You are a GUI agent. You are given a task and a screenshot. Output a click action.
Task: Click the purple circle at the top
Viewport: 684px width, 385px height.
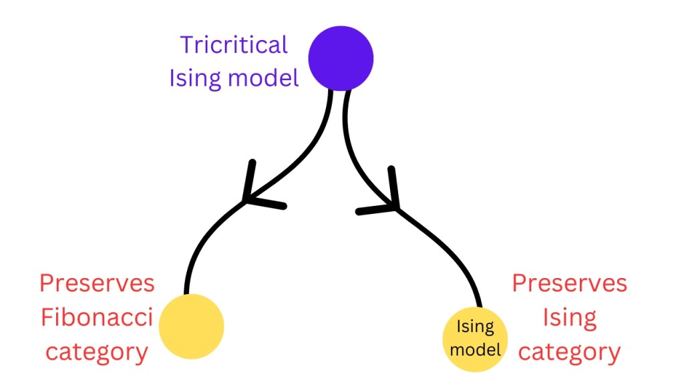pos(341,58)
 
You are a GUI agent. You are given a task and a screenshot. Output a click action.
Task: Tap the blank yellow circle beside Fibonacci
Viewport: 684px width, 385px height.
pos(191,326)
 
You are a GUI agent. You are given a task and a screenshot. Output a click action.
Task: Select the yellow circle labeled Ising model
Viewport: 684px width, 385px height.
pos(476,340)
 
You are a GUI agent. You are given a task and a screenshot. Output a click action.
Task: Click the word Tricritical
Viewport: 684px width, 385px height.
pos(234,45)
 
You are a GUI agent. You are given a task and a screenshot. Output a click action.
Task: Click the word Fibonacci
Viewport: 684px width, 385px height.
pos(97,317)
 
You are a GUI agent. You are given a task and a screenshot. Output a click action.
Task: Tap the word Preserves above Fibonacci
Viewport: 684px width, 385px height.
pos(97,283)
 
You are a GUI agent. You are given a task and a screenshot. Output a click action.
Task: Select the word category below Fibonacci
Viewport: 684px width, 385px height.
pos(97,352)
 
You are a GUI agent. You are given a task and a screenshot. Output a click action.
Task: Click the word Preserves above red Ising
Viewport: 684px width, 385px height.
pos(570,283)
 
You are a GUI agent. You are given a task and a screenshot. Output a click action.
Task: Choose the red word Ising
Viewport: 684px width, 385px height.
pos(569,317)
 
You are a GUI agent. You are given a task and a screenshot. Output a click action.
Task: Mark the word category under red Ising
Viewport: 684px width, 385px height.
pos(569,352)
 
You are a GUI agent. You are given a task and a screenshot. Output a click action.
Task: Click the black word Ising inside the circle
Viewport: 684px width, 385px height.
pos(475,328)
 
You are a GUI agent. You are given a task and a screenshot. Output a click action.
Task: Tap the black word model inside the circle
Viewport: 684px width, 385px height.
pos(476,348)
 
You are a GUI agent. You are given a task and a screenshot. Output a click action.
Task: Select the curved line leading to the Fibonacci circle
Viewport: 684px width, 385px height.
pos(200,241)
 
